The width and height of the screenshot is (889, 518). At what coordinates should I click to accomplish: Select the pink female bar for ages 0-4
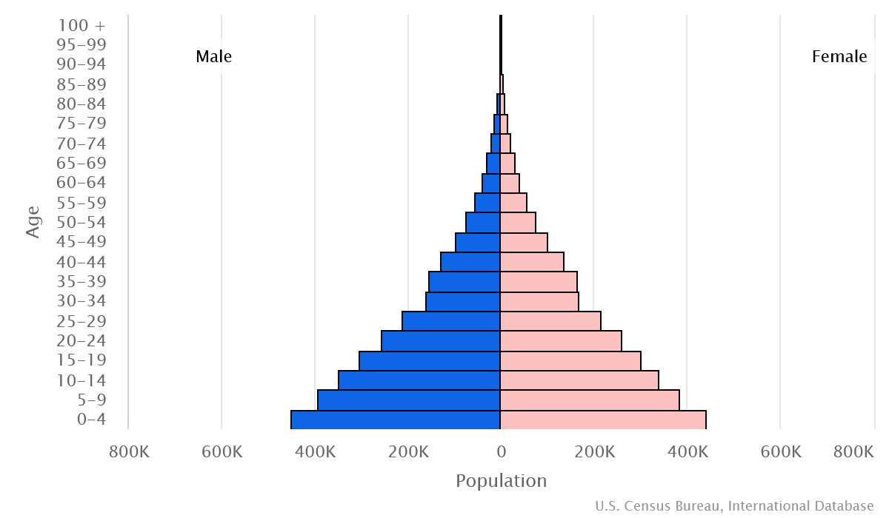[603, 420]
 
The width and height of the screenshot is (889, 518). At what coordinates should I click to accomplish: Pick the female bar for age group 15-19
[570, 360]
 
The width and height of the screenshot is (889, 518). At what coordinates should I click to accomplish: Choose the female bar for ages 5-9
[590, 400]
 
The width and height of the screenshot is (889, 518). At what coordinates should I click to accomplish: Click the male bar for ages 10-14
[419, 380]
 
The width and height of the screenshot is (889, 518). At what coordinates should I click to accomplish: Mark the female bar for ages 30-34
[539, 301]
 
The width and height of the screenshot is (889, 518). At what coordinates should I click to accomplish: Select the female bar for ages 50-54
[518, 223]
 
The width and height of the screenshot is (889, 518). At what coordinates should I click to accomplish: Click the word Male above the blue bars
[213, 56]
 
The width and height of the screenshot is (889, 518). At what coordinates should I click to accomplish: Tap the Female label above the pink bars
[839, 56]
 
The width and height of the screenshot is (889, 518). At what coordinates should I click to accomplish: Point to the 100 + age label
[81, 24]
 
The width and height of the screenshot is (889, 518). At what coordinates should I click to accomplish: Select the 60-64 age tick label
[81, 183]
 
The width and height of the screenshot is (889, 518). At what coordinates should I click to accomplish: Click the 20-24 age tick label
[81, 341]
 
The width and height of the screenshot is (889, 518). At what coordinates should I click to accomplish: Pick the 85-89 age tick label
[81, 84]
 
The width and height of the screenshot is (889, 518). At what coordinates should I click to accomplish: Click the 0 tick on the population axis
[501, 451]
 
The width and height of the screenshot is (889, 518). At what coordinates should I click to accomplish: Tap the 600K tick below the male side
[222, 451]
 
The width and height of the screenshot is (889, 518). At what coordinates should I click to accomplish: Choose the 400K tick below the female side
[687, 451]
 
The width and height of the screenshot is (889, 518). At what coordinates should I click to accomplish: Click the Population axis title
[501, 481]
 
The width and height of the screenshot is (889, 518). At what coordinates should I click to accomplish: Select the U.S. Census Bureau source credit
[734, 506]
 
